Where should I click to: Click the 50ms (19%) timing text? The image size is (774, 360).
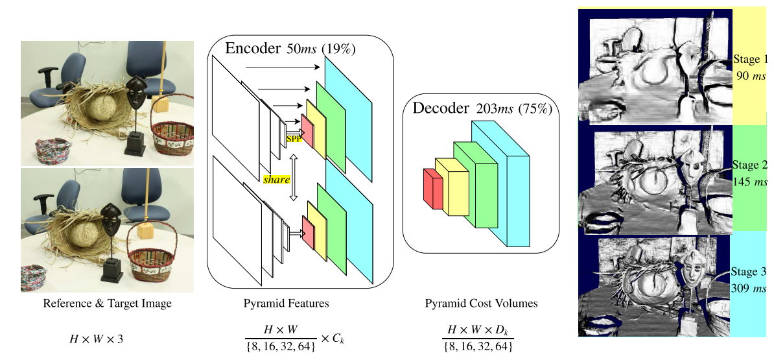point(322,49)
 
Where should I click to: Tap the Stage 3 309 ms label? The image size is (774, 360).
point(749,279)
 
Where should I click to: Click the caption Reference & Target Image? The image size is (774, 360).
point(108,304)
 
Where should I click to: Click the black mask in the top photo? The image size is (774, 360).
point(135,93)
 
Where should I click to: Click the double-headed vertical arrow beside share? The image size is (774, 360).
point(292,177)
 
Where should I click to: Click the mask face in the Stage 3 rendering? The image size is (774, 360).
point(694,272)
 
